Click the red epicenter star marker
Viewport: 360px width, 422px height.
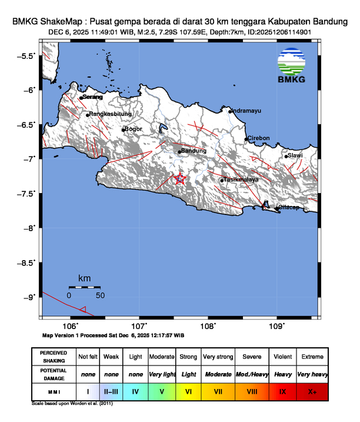[180, 179]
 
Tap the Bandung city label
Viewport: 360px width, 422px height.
[194, 151]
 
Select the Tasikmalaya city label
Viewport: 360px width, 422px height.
[241, 180]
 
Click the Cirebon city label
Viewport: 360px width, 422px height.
[258, 138]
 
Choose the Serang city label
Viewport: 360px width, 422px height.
[93, 97]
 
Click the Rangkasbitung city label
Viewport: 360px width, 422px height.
[111, 114]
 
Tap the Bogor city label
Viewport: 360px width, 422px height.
[134, 129]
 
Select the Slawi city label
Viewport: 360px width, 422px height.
[295, 155]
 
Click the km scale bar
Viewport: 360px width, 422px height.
[84, 287]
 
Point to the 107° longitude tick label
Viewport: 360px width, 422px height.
[139, 326]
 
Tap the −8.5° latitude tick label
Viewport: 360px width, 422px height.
[28, 262]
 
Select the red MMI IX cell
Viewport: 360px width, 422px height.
[282, 391]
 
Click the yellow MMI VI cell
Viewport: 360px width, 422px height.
[188, 391]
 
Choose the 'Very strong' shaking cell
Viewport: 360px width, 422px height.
[218, 357]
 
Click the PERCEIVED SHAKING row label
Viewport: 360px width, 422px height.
[54, 357]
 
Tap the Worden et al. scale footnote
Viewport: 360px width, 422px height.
[72, 404]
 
